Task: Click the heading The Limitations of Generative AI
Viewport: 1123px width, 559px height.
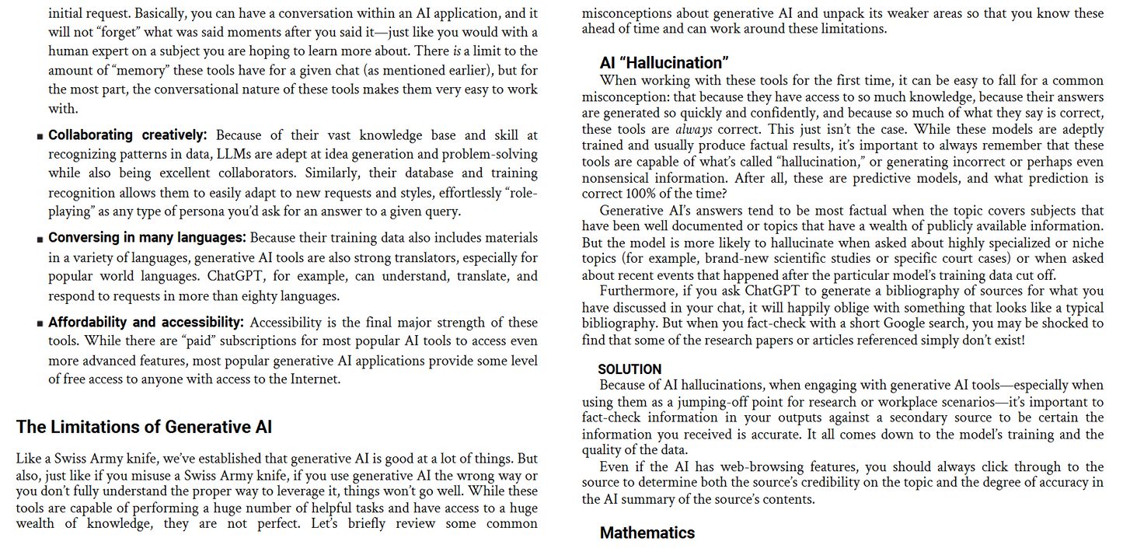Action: click(x=144, y=427)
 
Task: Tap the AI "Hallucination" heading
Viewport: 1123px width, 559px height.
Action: click(x=664, y=63)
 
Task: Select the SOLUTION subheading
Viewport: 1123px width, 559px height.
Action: click(x=630, y=369)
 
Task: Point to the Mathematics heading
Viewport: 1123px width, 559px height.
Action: click(x=647, y=533)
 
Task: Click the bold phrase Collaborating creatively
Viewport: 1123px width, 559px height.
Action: click(x=127, y=135)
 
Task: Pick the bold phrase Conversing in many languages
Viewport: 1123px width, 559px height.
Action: click(x=147, y=238)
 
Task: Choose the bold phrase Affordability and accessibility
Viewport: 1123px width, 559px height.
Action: click(x=146, y=322)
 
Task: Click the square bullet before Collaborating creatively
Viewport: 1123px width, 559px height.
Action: click(x=40, y=137)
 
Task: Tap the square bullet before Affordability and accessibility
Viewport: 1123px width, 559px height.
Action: click(x=40, y=323)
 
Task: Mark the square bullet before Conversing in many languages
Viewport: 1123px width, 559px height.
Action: click(x=40, y=239)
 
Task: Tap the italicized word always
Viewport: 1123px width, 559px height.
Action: click(x=694, y=129)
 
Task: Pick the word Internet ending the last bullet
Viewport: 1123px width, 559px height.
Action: click(x=315, y=379)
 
